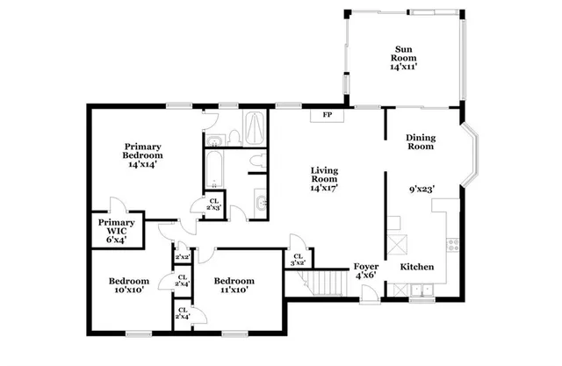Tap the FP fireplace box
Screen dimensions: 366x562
tap(327, 115)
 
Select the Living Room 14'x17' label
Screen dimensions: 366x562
tap(324, 179)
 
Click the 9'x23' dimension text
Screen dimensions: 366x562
tap(422, 189)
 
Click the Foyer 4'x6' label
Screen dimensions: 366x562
tap(366, 271)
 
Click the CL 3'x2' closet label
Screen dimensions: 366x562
tap(298, 260)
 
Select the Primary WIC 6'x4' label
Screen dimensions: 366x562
tap(115, 230)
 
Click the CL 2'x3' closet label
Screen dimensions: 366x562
tap(213, 204)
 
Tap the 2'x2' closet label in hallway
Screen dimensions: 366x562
tap(183, 256)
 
